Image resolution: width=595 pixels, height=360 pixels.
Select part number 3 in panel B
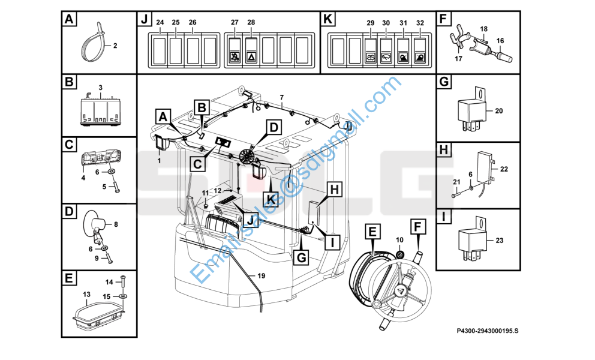tap(101, 88)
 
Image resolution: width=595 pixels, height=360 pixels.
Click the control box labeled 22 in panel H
tap(483, 164)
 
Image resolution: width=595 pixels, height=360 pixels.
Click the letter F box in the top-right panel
tap(443, 20)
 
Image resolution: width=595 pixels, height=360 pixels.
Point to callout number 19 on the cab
tap(261, 275)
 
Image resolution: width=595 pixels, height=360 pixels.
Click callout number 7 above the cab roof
tap(281, 97)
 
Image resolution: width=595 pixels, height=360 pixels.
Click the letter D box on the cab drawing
tap(274, 127)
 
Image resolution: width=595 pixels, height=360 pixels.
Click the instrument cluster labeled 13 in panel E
tap(99, 311)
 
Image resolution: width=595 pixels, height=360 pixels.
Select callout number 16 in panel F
tap(500, 41)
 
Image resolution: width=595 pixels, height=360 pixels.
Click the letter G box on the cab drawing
tap(302, 258)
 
